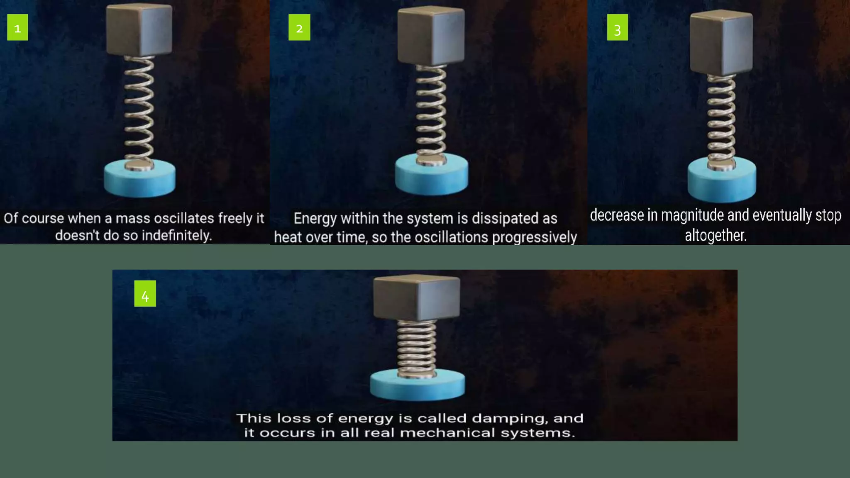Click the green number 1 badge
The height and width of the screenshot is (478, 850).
[17, 27]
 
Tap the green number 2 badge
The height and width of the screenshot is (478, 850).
[299, 27]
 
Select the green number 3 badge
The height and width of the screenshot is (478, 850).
[618, 27]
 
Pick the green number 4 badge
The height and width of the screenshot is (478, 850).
[145, 293]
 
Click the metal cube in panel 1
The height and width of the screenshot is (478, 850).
[139, 30]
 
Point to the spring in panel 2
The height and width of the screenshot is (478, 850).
[431, 114]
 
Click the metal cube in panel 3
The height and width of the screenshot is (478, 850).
[721, 43]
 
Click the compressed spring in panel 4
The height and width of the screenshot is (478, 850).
[417, 349]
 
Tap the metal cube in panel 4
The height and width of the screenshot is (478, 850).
[417, 298]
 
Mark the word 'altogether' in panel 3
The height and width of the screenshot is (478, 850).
[715, 235]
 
